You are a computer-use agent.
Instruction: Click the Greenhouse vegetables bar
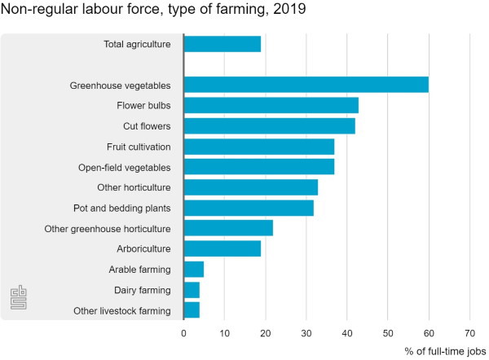click(x=306, y=85)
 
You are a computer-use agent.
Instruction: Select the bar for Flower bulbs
click(x=271, y=105)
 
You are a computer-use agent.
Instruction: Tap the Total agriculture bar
click(x=222, y=44)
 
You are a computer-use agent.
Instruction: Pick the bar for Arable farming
click(x=193, y=269)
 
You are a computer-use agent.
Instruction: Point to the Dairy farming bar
click(x=192, y=289)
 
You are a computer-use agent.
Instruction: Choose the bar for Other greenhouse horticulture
click(x=228, y=228)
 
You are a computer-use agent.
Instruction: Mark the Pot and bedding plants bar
click(x=249, y=208)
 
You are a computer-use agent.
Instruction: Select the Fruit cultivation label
click(x=139, y=147)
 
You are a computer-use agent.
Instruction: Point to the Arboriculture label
click(x=143, y=248)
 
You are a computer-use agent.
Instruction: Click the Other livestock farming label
click(x=121, y=310)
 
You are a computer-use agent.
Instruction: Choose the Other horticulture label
click(x=134, y=187)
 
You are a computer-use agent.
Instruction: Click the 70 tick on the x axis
click(x=469, y=332)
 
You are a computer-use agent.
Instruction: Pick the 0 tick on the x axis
click(x=183, y=332)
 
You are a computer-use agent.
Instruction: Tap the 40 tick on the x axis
click(x=347, y=332)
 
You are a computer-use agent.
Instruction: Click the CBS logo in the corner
click(x=18, y=298)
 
